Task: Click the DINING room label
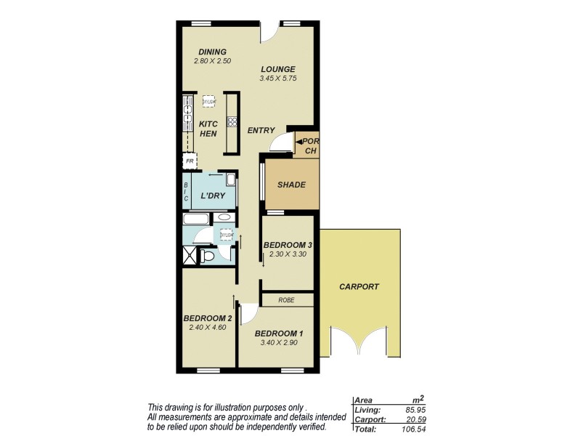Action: (x=213, y=52)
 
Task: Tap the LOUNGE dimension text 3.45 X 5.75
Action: (x=280, y=78)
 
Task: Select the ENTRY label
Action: (x=261, y=131)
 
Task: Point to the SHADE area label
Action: (x=291, y=185)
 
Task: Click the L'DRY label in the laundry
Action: (x=213, y=195)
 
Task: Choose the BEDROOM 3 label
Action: (x=288, y=245)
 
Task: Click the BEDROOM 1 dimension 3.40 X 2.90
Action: (x=278, y=343)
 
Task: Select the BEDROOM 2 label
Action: (x=207, y=318)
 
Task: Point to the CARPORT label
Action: (x=359, y=287)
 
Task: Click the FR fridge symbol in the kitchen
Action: (x=190, y=161)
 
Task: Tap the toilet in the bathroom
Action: (x=208, y=256)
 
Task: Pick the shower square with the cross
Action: (x=190, y=255)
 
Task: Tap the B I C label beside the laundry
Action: (x=186, y=191)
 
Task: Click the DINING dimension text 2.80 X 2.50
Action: (x=211, y=61)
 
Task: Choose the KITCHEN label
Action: (x=208, y=129)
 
